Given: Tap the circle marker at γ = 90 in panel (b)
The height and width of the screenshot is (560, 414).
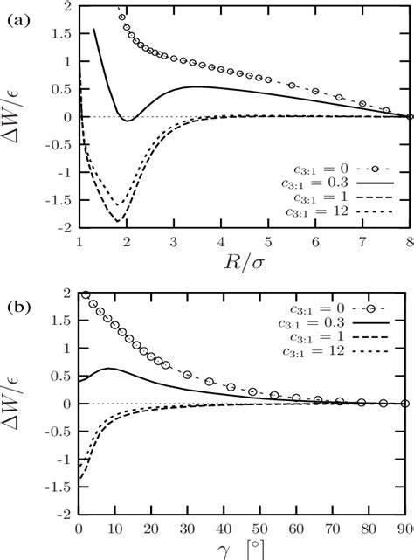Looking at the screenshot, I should (404, 404).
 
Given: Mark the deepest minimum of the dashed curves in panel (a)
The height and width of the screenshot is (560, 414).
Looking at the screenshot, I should (118, 221).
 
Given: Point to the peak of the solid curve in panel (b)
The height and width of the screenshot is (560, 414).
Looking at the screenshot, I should (107, 368).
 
